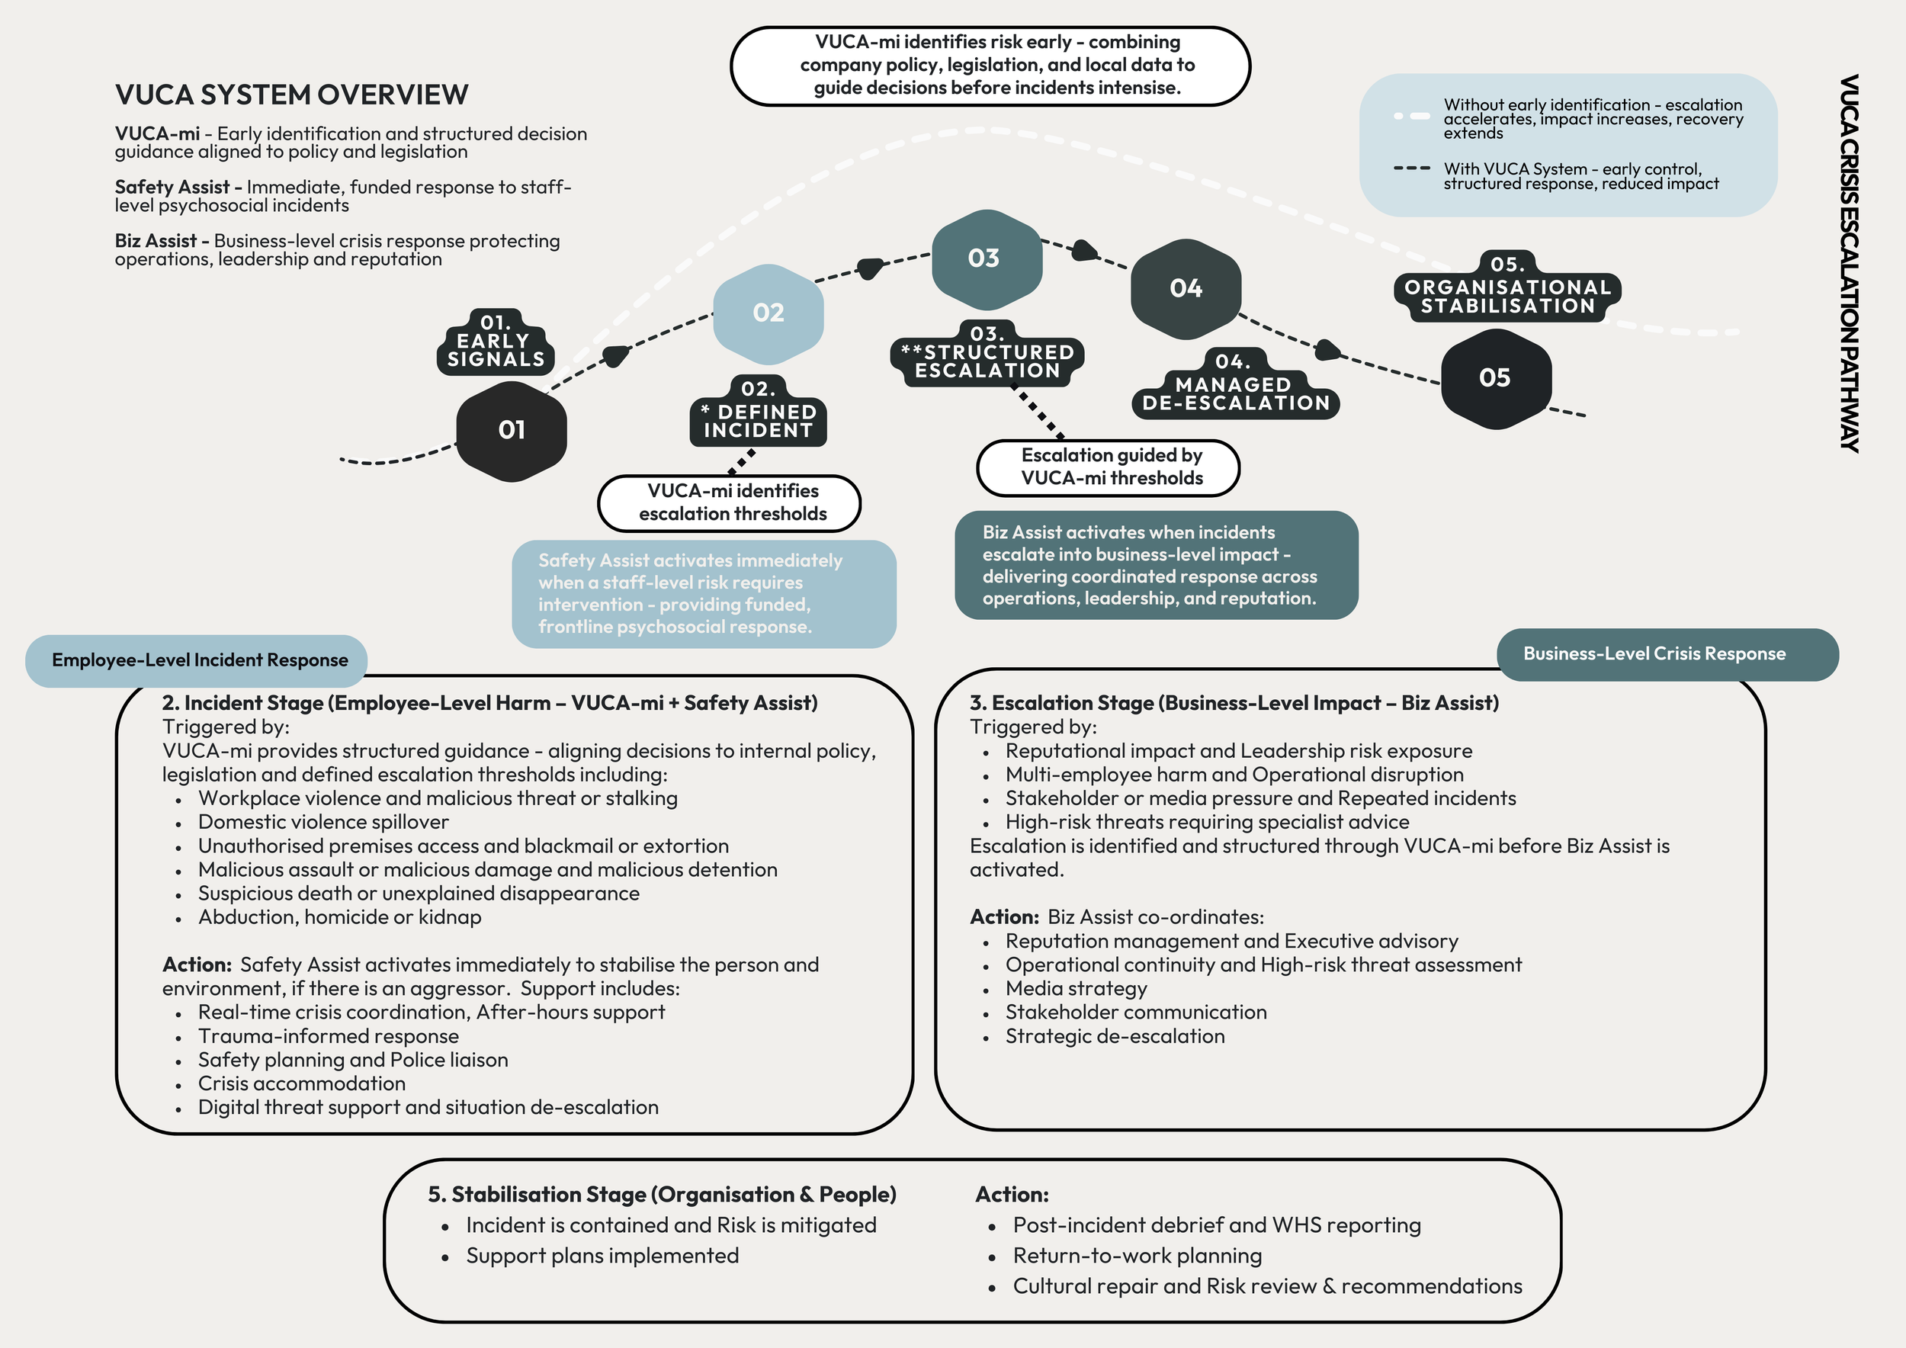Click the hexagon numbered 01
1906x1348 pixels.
point(512,430)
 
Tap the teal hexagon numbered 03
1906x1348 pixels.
point(984,258)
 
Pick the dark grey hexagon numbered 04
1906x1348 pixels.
point(1186,289)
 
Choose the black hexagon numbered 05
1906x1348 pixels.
point(1495,378)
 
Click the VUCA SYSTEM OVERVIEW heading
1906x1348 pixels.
point(291,95)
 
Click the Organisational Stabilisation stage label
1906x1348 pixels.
point(1507,288)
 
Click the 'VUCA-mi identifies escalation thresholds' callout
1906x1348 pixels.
point(729,503)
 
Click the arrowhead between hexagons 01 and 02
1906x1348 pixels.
point(615,356)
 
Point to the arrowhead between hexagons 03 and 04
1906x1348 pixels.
point(1084,250)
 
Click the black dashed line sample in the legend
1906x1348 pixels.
point(1411,168)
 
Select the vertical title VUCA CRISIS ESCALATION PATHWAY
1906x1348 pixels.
point(1848,263)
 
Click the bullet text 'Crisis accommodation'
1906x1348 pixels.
point(301,1084)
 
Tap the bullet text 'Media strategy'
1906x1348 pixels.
point(1076,989)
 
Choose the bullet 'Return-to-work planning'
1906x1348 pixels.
point(1137,1256)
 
